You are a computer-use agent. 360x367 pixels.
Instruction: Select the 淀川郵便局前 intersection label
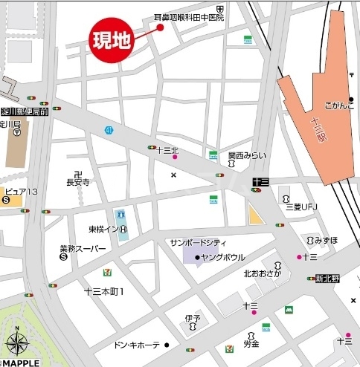pos(25,111)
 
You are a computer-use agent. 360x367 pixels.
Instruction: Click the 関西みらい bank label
pos(247,155)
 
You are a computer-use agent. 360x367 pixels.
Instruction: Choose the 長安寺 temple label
pos(78,181)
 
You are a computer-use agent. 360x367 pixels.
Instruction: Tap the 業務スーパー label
pos(83,248)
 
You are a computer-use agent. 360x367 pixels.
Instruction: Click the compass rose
pos(17,344)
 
